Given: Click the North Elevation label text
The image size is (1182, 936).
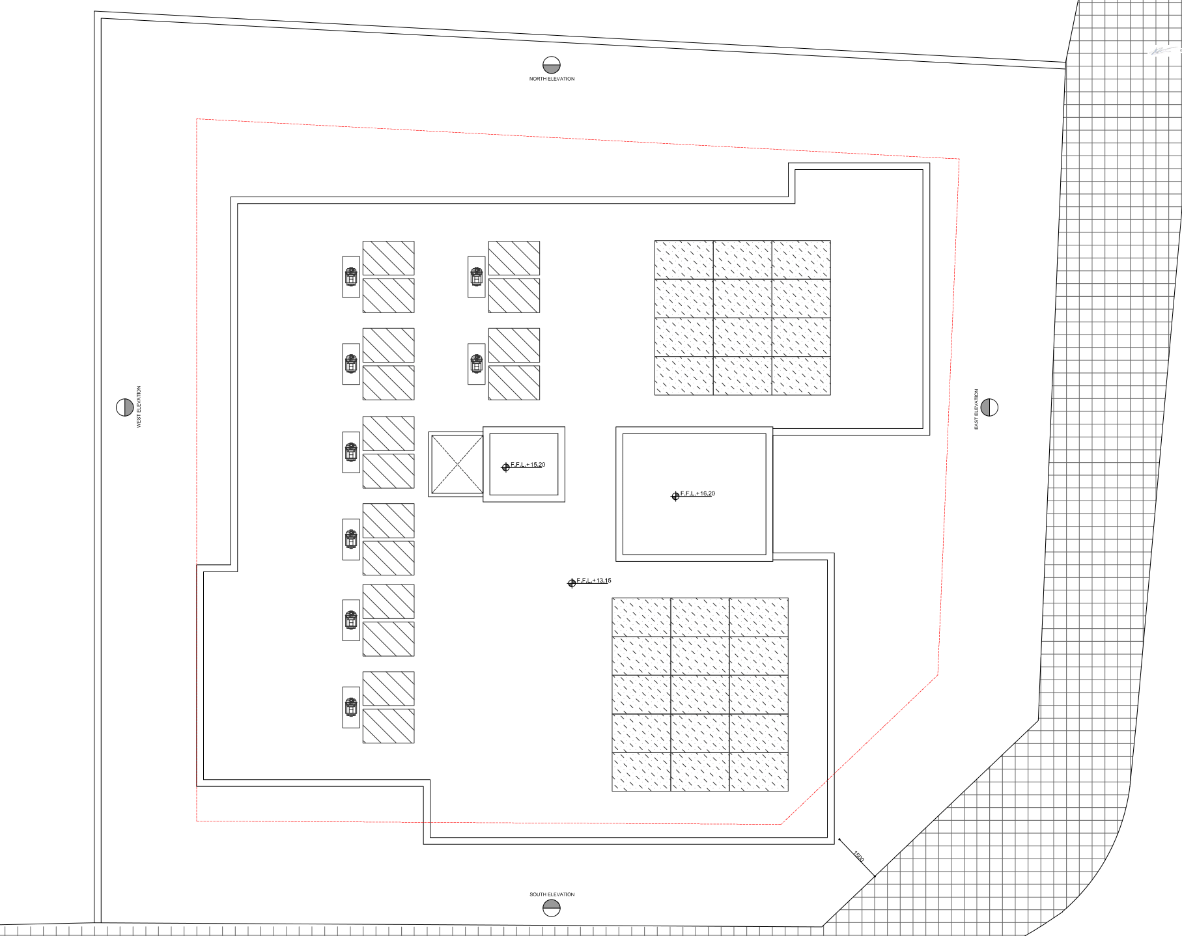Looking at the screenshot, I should coord(552,79).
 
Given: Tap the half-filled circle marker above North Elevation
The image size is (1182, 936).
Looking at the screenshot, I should coord(552,65).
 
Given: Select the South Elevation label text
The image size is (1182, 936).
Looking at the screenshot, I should coord(552,894).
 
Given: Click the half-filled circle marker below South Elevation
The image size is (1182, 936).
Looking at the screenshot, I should coord(552,908).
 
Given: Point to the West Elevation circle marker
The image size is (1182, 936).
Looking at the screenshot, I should coord(125,407).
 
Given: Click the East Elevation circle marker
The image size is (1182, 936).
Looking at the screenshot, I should coord(989,407).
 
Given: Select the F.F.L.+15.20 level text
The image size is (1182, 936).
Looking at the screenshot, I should coord(528,465).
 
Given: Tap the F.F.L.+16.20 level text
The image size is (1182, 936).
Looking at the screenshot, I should coord(697,493).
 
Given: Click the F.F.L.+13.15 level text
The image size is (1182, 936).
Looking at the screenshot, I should coord(594,581).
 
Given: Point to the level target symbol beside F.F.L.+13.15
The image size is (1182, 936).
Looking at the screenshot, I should coord(572,583).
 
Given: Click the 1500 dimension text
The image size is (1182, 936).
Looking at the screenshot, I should coord(858,857).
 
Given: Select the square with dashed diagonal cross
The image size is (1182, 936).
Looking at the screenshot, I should coord(457,464).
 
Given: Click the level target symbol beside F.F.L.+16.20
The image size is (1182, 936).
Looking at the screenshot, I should coord(675,497).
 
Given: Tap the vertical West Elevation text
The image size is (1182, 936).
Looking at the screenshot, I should coord(139,407).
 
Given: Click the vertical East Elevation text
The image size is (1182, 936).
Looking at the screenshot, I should coord(976,409).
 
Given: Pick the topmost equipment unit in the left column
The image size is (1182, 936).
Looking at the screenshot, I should coord(351,277).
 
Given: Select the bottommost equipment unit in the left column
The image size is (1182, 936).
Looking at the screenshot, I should coord(351,707).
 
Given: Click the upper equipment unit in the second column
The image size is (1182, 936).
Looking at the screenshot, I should coord(477,277).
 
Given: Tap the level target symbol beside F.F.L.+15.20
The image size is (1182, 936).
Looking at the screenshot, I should coord(505,467).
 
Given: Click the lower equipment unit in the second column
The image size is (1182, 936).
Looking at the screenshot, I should coord(477,364).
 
